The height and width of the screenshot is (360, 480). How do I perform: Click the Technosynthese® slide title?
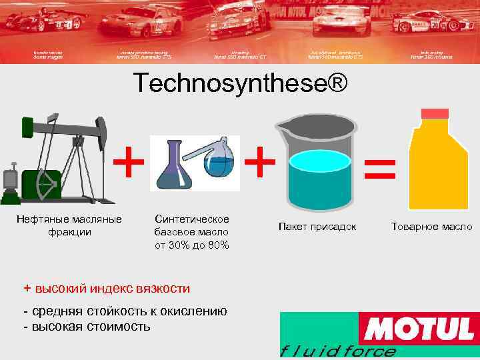[240, 84]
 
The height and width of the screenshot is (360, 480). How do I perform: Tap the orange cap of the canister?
[433, 115]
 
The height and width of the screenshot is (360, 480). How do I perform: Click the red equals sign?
[379, 169]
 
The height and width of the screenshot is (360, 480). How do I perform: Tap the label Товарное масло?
[432, 227]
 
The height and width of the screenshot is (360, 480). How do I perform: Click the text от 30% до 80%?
[191, 245]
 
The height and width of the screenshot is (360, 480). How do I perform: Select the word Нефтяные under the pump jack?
[41, 219]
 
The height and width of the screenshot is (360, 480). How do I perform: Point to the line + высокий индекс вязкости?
[107, 288]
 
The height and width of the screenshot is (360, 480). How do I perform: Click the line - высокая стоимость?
[86, 327]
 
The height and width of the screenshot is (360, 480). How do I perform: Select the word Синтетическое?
[191, 219]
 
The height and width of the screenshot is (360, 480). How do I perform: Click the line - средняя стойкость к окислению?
[125, 311]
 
